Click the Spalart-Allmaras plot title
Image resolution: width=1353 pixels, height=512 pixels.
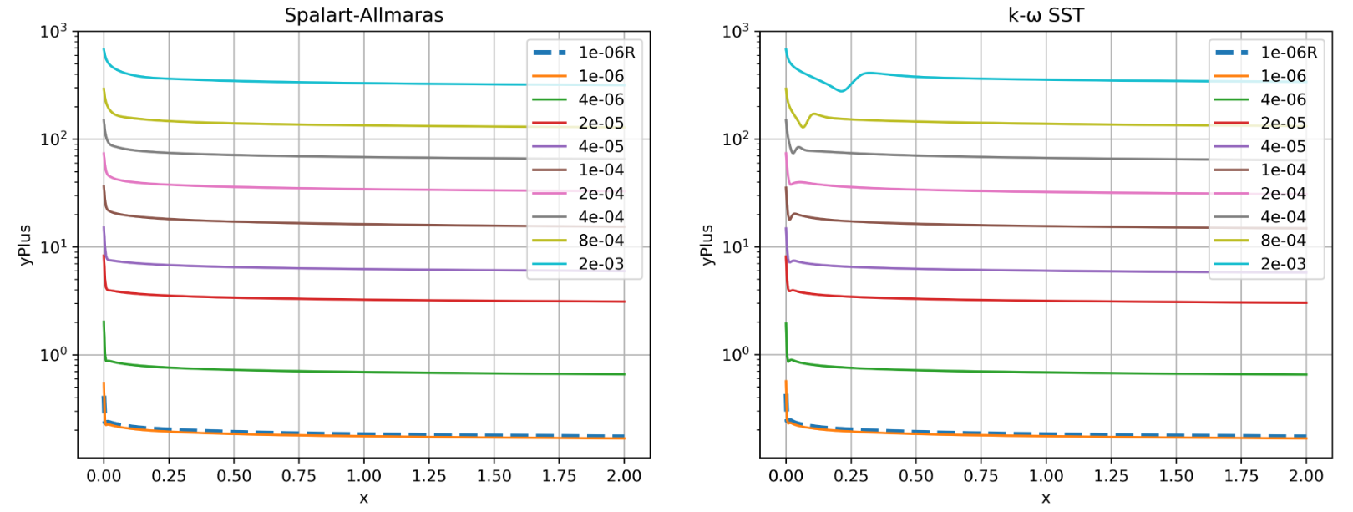pyautogui.click(x=363, y=15)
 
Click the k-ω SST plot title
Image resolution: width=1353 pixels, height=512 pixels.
pyautogui.click(x=1046, y=15)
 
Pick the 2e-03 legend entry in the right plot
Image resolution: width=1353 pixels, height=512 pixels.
pyautogui.click(x=1283, y=264)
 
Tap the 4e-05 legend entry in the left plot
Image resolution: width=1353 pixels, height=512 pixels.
pyautogui.click(x=600, y=146)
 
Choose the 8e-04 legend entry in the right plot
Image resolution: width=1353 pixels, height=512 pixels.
pyautogui.click(x=1283, y=241)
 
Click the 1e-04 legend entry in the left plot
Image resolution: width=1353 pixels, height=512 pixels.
pyautogui.click(x=600, y=170)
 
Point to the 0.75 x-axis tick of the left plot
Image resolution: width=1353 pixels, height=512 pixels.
pyautogui.click(x=298, y=476)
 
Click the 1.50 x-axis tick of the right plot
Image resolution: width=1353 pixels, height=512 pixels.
pyautogui.click(x=1176, y=476)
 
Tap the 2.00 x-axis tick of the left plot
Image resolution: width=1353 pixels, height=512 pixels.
pyautogui.click(x=624, y=476)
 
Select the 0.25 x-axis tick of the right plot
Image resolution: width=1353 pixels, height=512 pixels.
pyautogui.click(x=850, y=476)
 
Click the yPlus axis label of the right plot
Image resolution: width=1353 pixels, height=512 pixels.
pyautogui.click(x=707, y=245)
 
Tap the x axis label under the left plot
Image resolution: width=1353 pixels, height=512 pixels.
pyautogui.click(x=363, y=498)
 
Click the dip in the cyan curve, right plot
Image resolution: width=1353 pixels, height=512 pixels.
pyautogui.click(x=842, y=90)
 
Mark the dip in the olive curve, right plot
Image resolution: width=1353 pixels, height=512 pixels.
pyautogui.click(x=803, y=126)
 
